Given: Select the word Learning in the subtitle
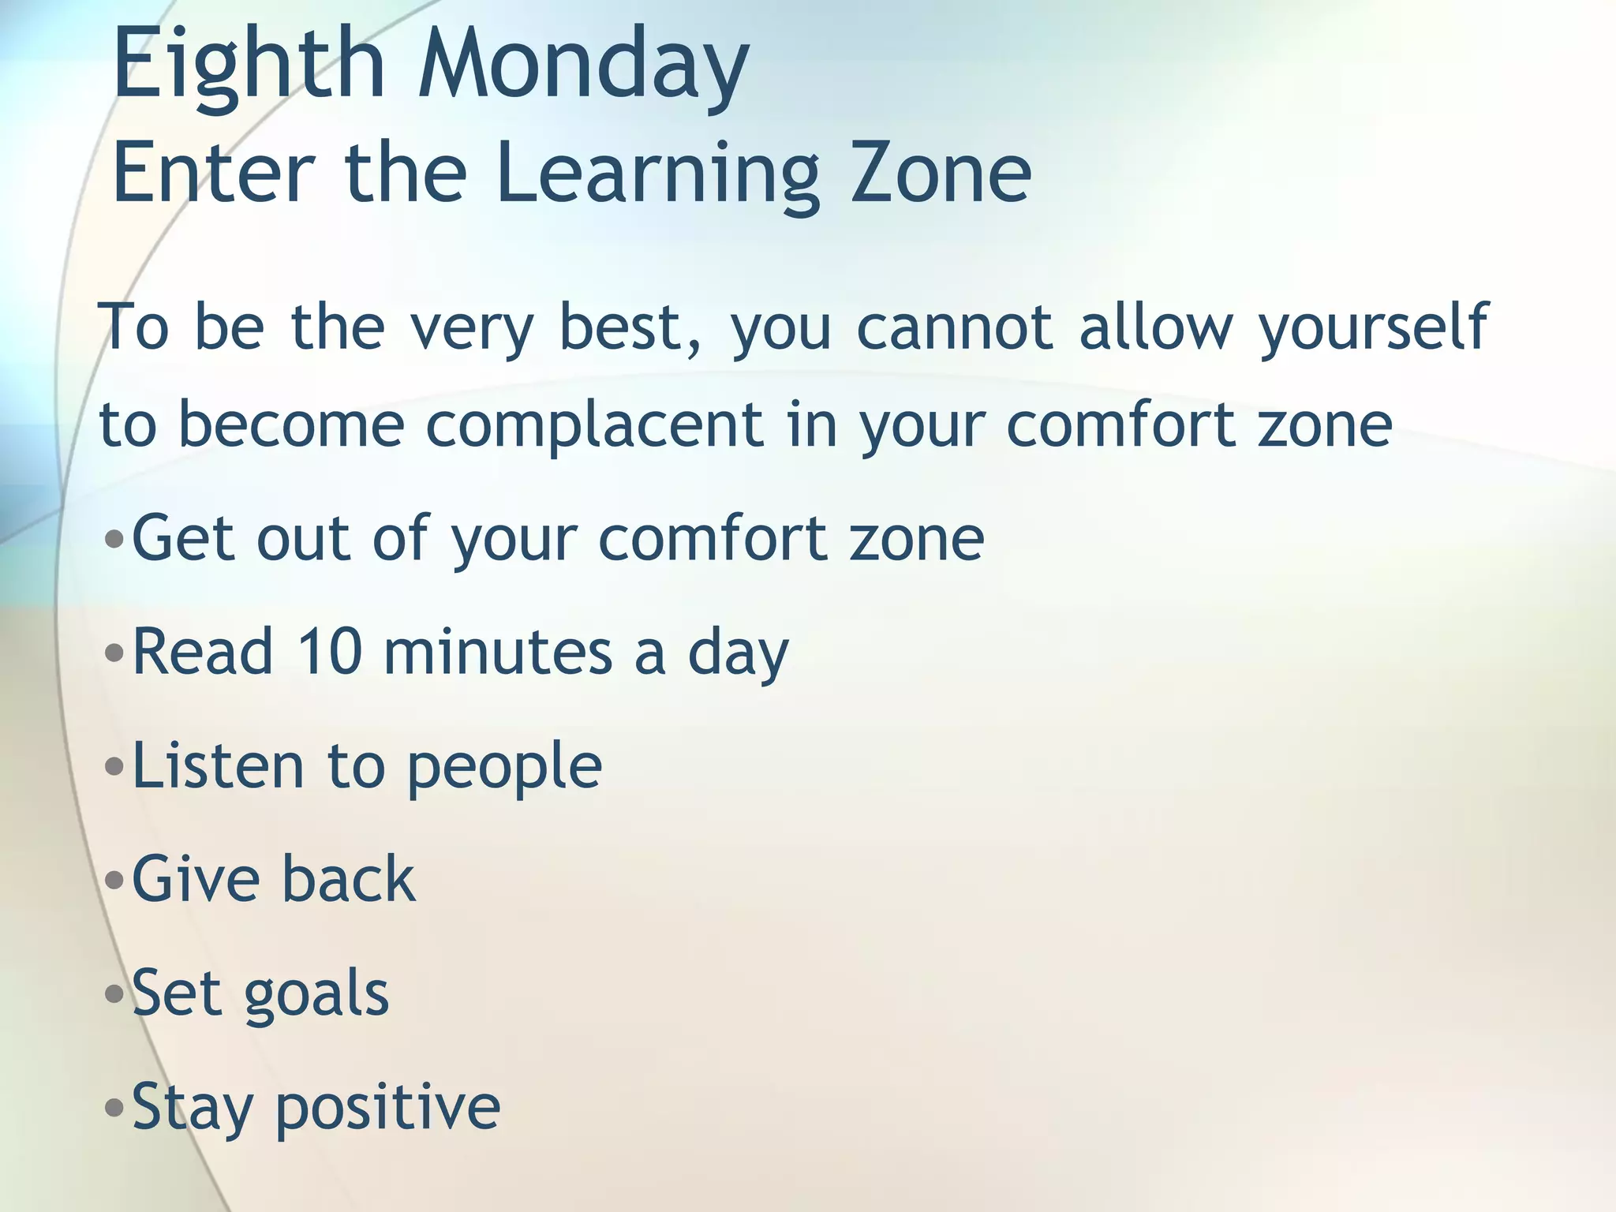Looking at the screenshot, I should pos(657,175).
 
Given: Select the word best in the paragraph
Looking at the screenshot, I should pos(622,327).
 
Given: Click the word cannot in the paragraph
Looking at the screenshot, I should pos(955,327).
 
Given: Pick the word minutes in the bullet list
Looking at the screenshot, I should pos(498,652).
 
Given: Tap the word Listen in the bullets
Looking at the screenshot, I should pos(218,765).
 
